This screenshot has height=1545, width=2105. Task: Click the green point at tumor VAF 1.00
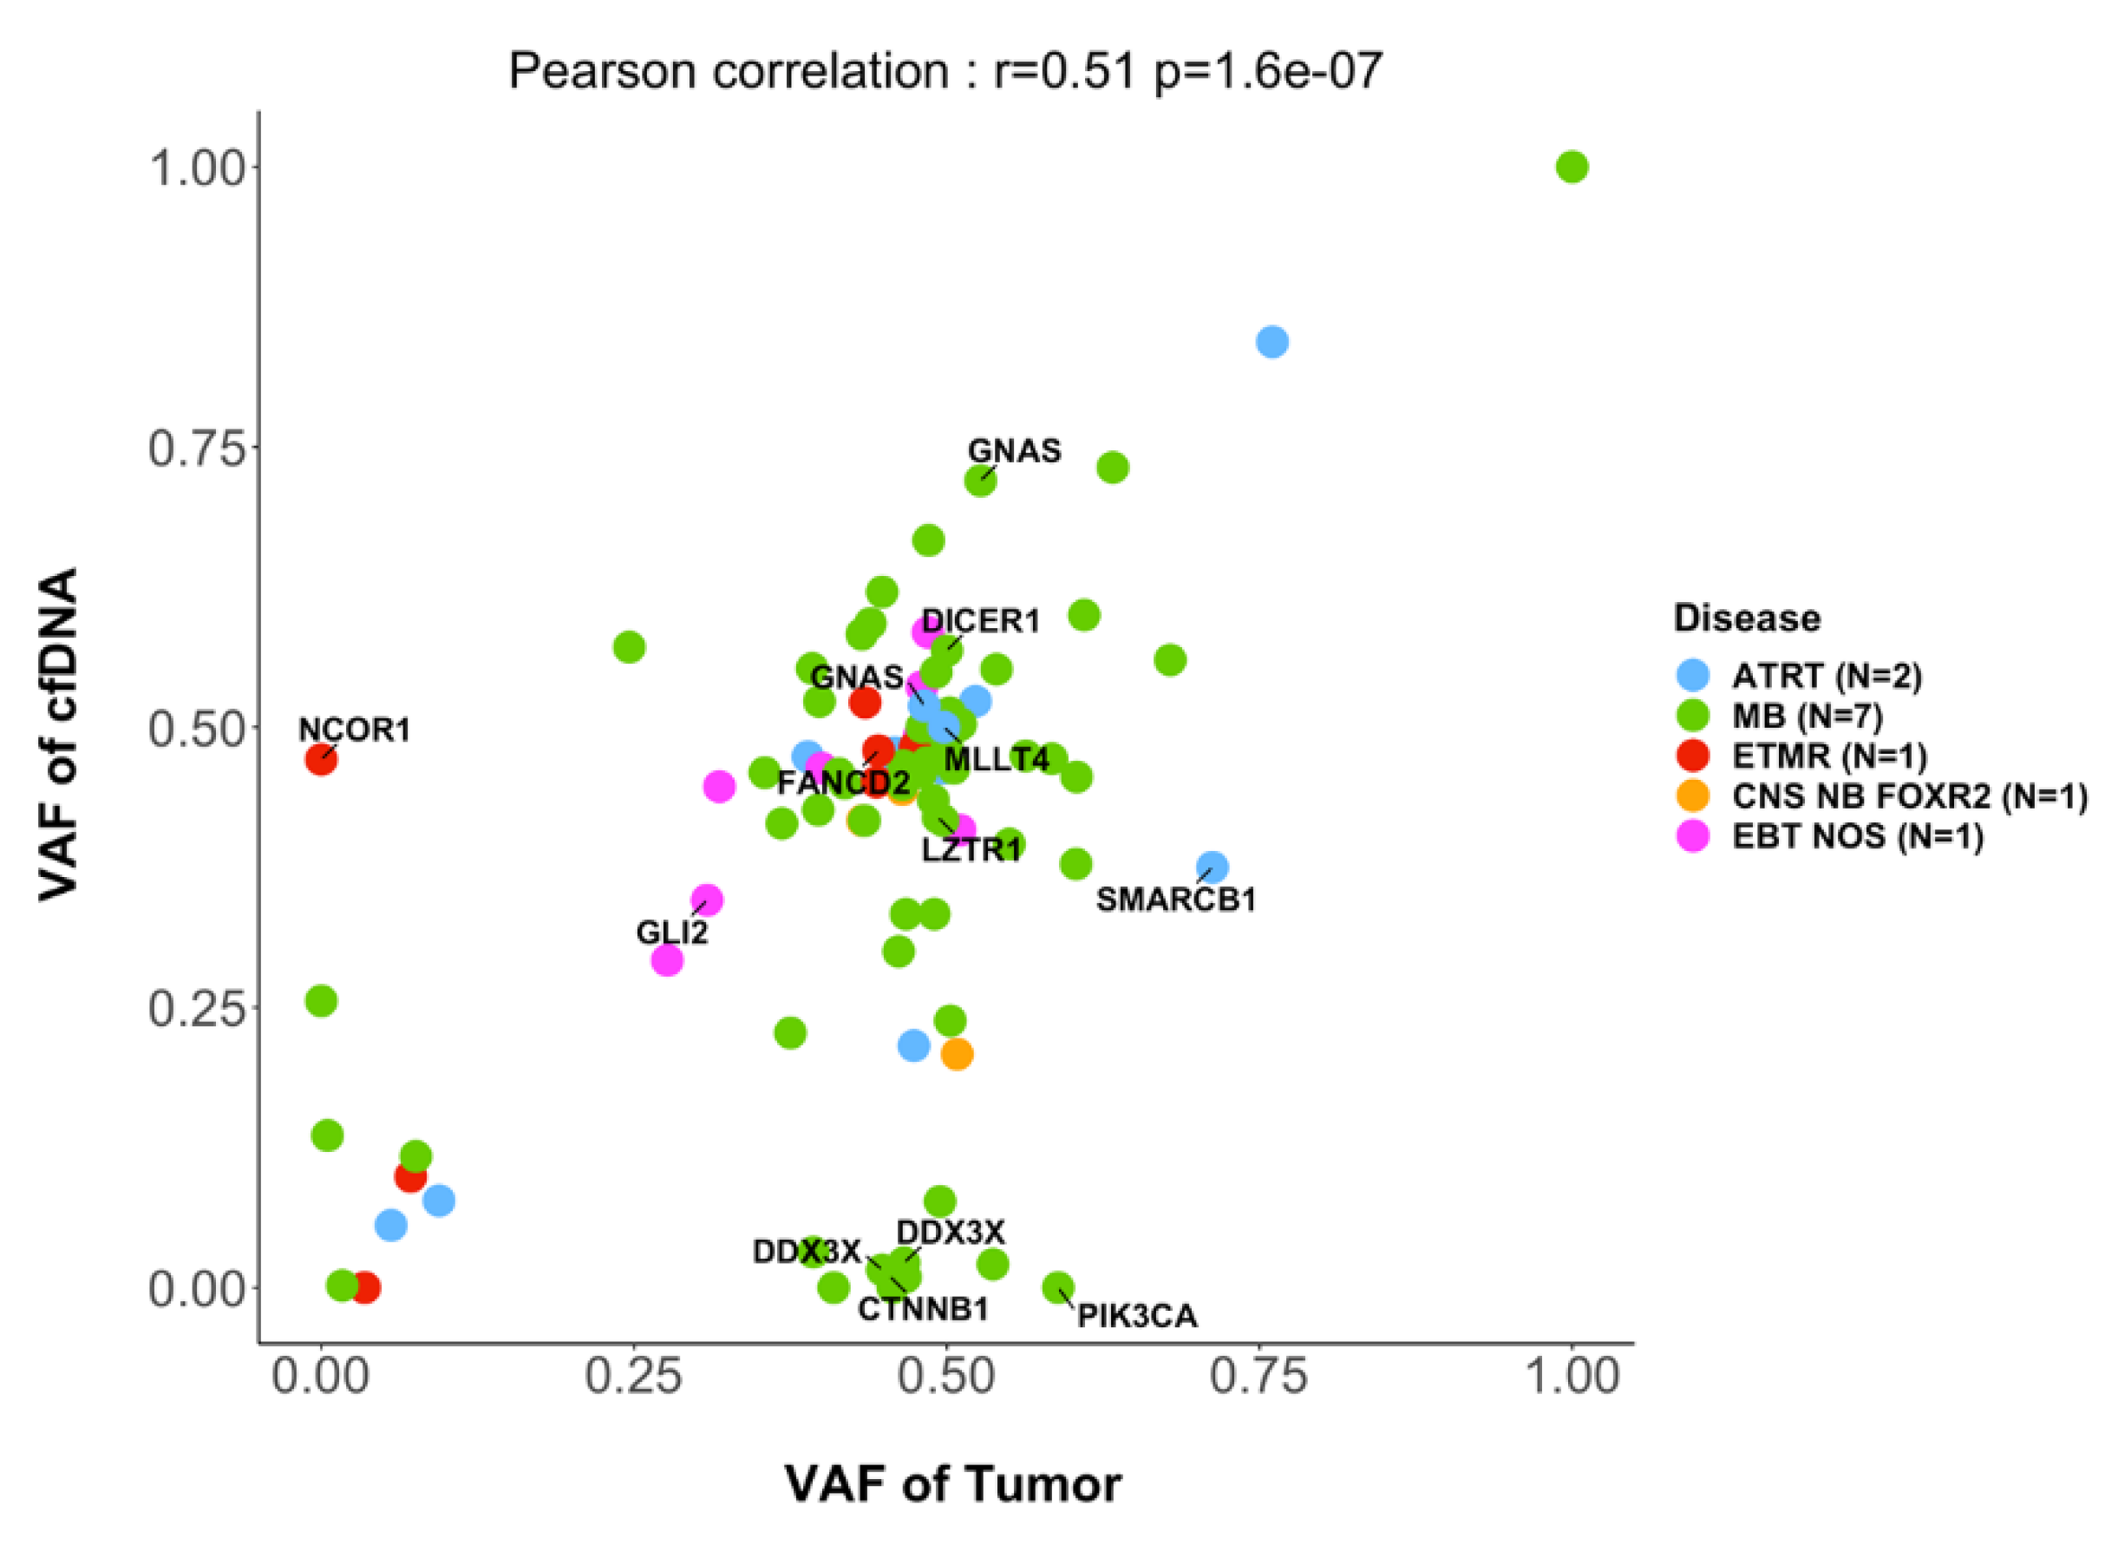(1571, 167)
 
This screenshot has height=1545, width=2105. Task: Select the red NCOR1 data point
(321, 759)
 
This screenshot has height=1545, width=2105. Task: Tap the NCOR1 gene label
(355, 730)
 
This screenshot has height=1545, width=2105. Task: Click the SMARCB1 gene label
(1175, 900)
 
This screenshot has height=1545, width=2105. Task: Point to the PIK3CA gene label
(1136, 1316)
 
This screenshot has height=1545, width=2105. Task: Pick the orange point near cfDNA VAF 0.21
(956, 1054)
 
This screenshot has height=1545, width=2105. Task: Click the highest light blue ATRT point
(1271, 343)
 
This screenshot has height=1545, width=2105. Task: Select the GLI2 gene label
(671, 933)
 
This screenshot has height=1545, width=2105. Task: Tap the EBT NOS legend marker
(1693, 835)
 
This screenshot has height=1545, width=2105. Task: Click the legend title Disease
(1746, 619)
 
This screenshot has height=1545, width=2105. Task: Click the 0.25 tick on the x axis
(632, 1377)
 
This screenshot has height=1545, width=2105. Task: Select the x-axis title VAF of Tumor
(952, 1484)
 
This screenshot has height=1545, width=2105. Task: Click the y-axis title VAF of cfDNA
(58, 734)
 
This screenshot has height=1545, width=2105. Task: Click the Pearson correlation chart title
(945, 72)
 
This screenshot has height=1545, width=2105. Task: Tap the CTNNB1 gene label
(922, 1309)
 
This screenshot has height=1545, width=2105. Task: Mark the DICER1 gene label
(980, 621)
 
